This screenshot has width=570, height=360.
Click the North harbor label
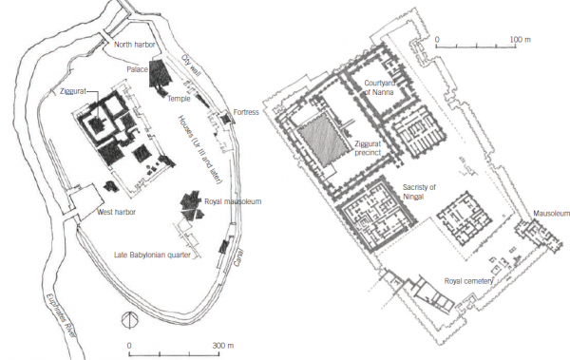[x=135, y=45]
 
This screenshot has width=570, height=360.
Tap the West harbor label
[x=116, y=212]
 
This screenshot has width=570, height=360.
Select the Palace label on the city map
[x=137, y=69]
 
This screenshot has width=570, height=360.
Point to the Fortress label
[x=246, y=112]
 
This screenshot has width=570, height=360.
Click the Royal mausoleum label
[x=233, y=201]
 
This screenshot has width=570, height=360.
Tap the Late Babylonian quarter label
[x=152, y=255]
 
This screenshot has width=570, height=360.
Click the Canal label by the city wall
[x=238, y=257]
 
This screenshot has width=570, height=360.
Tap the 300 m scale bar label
[x=223, y=345]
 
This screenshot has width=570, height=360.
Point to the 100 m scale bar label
[x=520, y=39]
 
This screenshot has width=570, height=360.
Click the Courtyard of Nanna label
[x=379, y=87]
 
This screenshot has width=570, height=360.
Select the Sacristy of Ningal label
[x=419, y=192]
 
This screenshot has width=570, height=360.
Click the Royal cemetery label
[x=468, y=281]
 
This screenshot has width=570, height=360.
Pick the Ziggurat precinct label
[x=368, y=148]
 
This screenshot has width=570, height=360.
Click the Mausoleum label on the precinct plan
[x=551, y=214]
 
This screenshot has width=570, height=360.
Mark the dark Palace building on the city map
[x=159, y=74]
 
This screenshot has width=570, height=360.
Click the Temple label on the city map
[x=179, y=99]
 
